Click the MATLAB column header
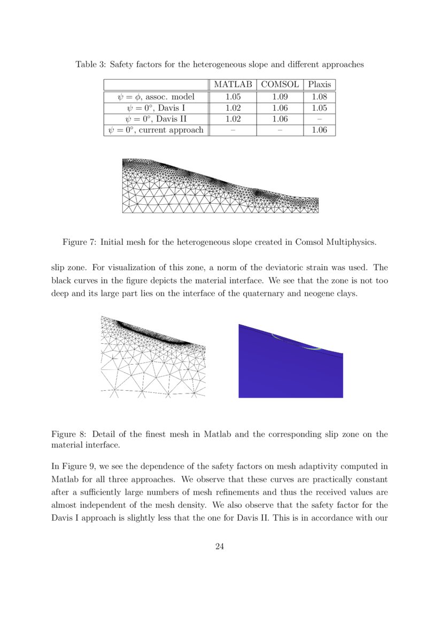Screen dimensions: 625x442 coord(232,84)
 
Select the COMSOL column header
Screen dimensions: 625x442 coord(280,84)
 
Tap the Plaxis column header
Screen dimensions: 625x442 coord(320,84)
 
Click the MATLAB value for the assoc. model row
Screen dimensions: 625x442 coord(232,97)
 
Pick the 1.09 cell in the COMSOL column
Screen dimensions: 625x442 coord(280,97)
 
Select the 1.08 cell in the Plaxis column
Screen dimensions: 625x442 coord(320,97)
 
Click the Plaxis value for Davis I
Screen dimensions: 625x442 coord(320,108)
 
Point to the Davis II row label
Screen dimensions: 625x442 coord(156,119)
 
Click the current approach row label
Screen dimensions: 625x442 coord(156,130)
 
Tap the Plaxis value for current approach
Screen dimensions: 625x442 coord(320,130)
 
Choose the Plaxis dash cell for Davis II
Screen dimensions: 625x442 coord(320,119)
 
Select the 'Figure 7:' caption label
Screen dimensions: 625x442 coord(79,242)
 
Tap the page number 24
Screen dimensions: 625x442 coord(219,546)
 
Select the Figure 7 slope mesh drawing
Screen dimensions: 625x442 coord(220,186)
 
